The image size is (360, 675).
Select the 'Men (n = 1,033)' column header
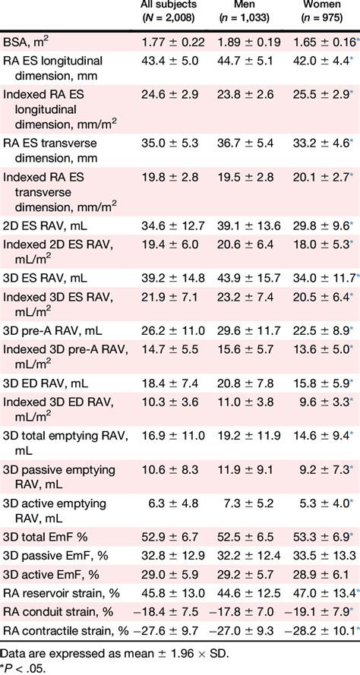(245, 13)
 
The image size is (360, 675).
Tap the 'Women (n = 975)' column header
(319, 13)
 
